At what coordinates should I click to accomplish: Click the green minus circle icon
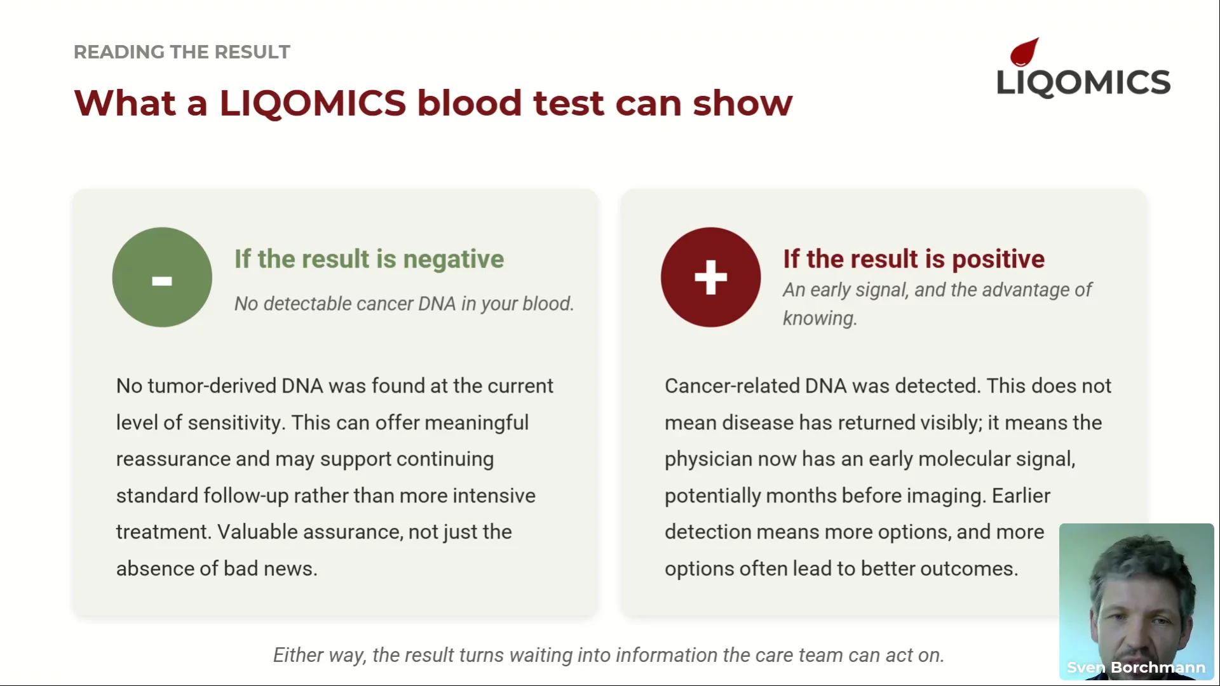click(162, 277)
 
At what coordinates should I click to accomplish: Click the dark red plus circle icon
click(710, 277)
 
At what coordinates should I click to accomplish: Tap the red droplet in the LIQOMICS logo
click(1024, 52)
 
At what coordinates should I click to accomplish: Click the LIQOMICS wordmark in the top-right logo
click(1083, 83)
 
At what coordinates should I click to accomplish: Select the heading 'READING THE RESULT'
click(182, 51)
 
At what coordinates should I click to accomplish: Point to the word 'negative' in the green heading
click(454, 259)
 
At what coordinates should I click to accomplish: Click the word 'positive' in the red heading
click(998, 259)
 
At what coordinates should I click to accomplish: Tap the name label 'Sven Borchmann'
click(1136, 668)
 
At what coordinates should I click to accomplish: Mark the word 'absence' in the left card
click(155, 568)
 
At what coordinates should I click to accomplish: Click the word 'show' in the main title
click(743, 103)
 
